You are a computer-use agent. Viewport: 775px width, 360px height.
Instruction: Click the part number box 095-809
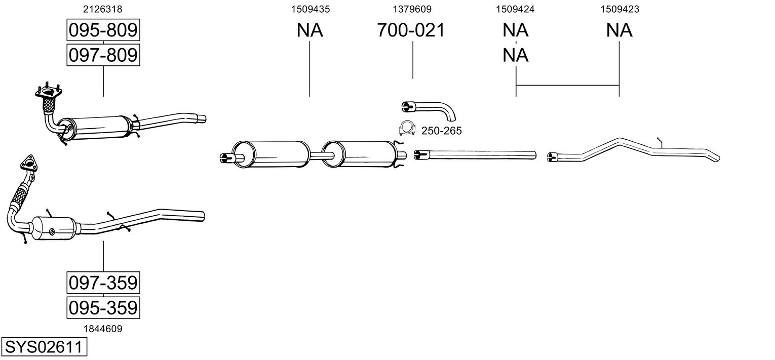103,30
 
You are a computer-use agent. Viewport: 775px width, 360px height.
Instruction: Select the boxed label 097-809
103,54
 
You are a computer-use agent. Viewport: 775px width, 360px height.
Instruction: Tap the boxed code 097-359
103,282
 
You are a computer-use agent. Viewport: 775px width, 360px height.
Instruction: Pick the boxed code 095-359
103,307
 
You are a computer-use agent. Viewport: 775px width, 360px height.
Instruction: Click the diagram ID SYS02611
44,347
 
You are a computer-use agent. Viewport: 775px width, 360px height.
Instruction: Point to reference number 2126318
103,9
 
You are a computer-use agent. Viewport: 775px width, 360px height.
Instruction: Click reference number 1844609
103,329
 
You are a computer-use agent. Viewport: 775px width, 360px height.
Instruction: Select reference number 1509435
309,9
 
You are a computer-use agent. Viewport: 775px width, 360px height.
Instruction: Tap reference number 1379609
412,9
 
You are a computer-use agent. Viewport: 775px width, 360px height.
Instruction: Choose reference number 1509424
516,9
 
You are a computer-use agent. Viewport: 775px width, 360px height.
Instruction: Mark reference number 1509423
619,9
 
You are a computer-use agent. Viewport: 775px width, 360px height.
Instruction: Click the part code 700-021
411,30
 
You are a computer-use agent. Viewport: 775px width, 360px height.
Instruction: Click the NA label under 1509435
309,30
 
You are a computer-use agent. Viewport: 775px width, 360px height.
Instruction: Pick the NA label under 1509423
619,30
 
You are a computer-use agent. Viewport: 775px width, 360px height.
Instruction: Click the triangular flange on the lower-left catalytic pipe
28,164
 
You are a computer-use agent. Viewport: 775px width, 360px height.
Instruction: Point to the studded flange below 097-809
48,92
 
